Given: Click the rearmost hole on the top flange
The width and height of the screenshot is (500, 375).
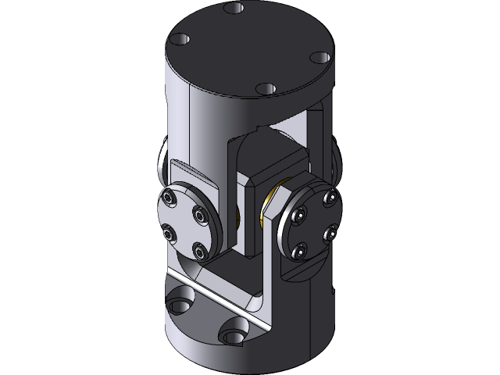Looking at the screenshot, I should pyautogui.click(x=232, y=9).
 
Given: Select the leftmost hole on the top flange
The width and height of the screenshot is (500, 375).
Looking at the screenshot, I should pyautogui.click(x=181, y=37).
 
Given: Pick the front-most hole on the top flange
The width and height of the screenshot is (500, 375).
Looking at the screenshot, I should pyautogui.click(x=266, y=88).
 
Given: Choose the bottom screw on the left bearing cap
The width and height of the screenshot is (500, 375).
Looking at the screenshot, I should pyautogui.click(x=199, y=251).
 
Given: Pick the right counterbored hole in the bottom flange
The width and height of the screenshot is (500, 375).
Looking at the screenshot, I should pyautogui.click(x=234, y=337).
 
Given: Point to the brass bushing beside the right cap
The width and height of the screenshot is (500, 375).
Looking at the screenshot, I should pyautogui.click(x=275, y=202).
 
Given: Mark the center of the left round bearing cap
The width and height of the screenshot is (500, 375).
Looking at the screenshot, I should pyautogui.click(x=186, y=223).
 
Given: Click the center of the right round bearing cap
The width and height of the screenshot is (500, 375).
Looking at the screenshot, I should pyautogui.click(x=314, y=223).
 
